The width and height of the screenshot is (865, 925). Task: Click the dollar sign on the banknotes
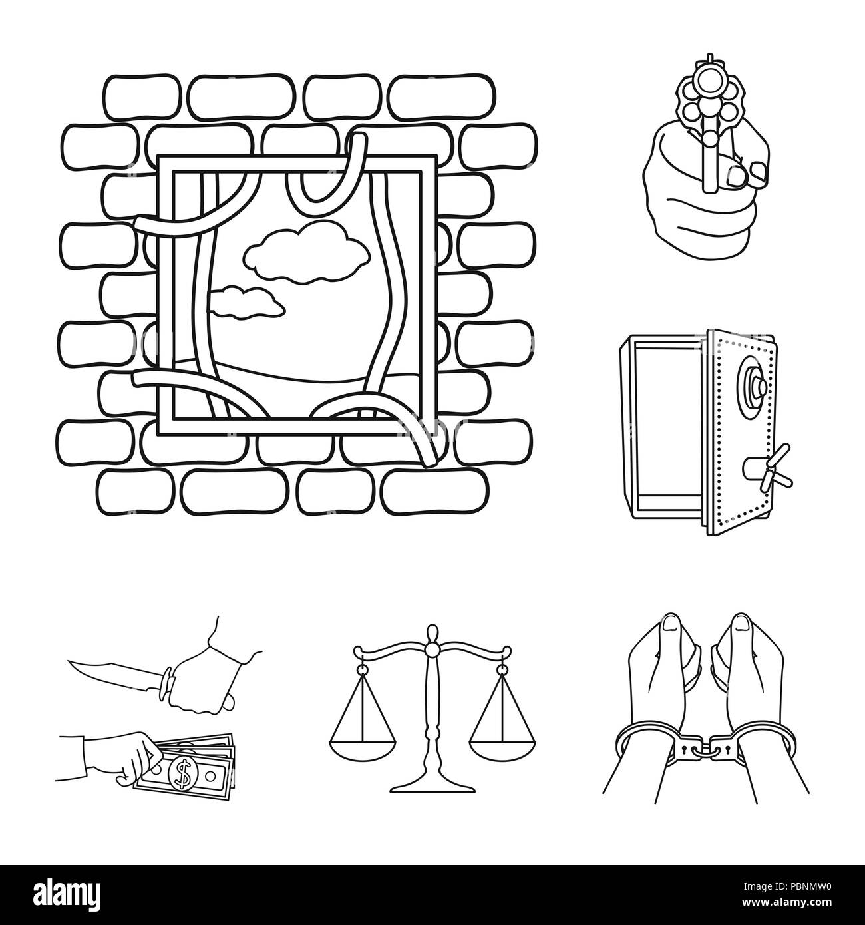[x=178, y=773]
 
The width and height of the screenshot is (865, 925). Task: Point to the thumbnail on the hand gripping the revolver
[x=737, y=176]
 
